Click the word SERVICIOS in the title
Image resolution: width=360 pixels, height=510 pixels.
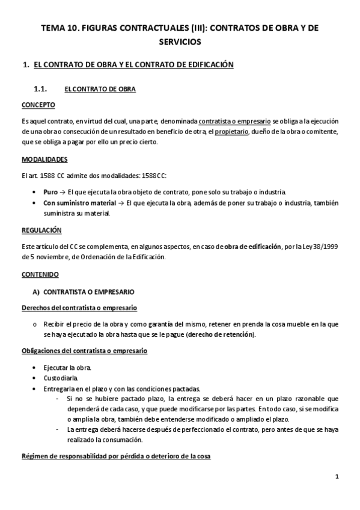[x=180, y=41]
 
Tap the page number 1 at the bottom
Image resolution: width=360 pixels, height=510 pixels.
[x=337, y=477]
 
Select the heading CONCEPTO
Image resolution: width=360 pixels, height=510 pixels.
[x=38, y=105]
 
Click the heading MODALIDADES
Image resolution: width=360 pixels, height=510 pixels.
[x=44, y=159]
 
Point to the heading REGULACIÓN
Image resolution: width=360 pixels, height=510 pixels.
[x=41, y=230]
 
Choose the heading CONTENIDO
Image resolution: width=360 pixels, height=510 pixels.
[x=40, y=274]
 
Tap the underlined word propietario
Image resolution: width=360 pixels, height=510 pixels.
[x=231, y=132]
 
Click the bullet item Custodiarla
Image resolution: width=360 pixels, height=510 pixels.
[x=59, y=378]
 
